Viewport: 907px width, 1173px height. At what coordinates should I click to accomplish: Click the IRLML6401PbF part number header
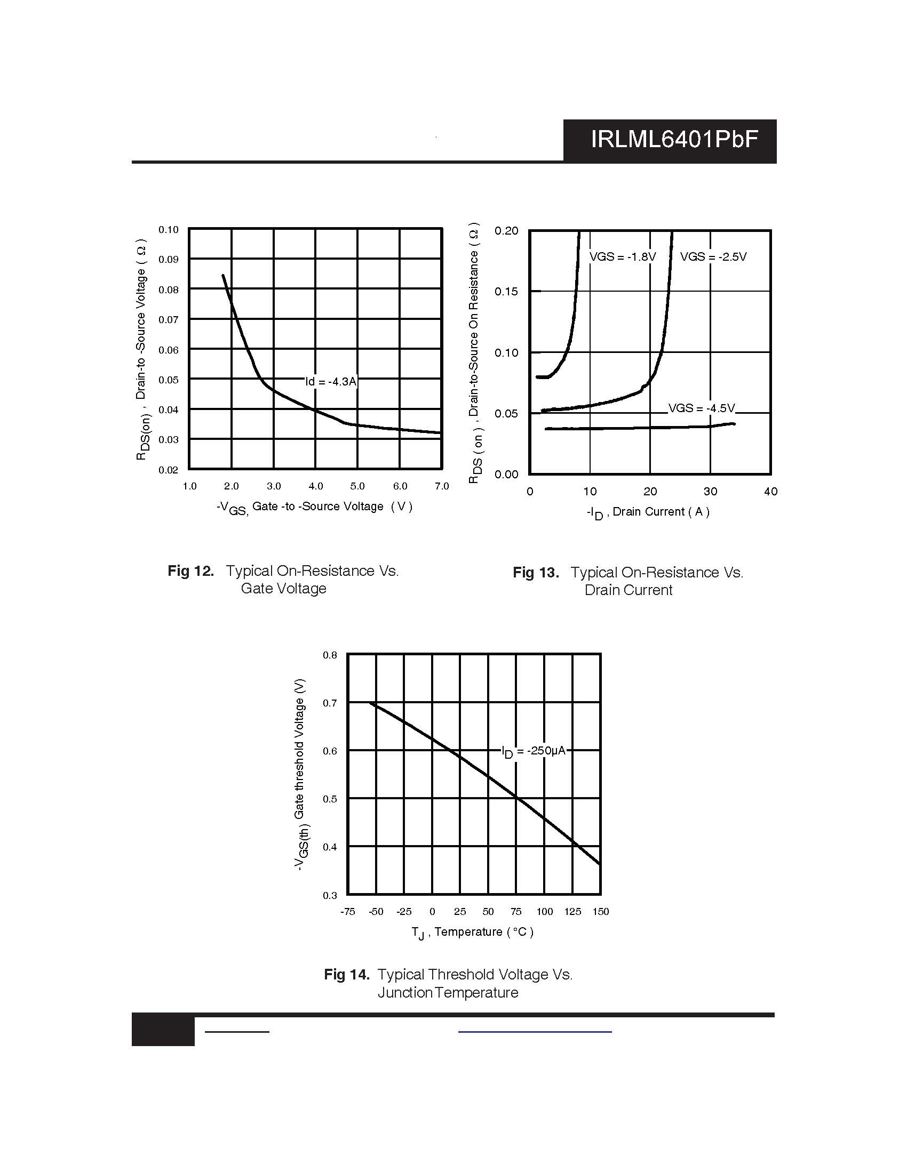point(674,140)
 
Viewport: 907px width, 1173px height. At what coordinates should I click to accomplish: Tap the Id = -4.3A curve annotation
point(330,381)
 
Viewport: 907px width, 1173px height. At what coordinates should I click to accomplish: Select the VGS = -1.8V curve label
point(622,257)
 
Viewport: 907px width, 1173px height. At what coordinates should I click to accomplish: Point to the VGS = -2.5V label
point(713,257)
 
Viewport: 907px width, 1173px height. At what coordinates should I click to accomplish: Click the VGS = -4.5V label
point(701,408)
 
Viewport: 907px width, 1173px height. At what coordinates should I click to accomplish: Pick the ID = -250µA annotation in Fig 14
point(533,751)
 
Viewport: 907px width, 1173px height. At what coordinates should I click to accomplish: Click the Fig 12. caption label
point(191,571)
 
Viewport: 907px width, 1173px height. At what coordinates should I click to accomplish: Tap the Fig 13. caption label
point(536,572)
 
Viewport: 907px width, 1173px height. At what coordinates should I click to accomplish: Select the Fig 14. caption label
point(347,974)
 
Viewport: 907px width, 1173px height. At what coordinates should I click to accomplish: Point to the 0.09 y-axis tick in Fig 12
point(168,260)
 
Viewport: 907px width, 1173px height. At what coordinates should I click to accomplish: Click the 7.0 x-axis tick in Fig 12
point(442,486)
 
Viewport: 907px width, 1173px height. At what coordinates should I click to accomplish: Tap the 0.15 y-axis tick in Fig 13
point(506,292)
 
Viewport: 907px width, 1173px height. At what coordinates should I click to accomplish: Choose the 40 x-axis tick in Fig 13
point(770,492)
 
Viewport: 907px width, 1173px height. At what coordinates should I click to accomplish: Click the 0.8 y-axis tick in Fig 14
point(330,655)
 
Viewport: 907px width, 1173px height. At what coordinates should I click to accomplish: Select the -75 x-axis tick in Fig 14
point(348,911)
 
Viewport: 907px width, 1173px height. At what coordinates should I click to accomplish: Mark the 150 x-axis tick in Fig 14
point(601,911)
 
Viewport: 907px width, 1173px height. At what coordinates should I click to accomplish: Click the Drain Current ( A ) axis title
point(661,512)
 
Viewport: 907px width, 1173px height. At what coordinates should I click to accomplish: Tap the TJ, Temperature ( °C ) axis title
point(472,933)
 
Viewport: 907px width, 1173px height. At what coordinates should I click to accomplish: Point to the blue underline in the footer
point(535,1032)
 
